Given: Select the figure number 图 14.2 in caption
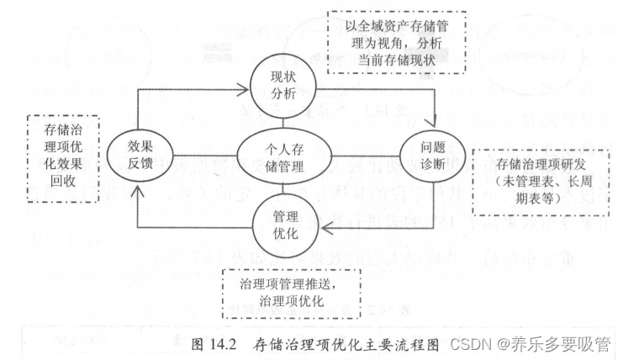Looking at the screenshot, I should point(217,343).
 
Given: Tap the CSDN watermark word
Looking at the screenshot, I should point(470,343).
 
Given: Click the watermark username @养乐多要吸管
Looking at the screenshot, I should point(554,343).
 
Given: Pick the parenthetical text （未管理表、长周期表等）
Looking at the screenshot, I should point(541,185).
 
